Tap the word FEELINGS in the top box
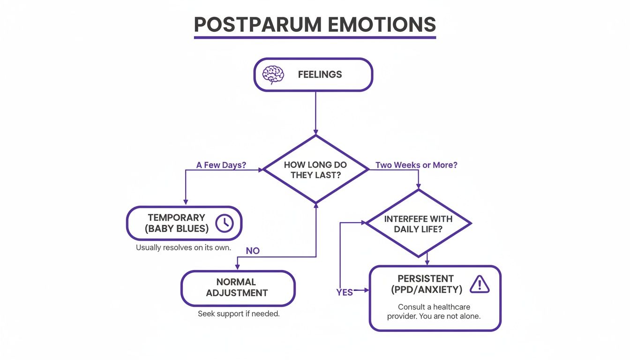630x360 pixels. pos(320,75)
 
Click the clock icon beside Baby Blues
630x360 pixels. pos(225,223)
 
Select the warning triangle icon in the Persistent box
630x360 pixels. pos(479,284)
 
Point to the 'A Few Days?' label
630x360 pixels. pos(221,165)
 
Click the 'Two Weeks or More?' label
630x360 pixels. pos(416,165)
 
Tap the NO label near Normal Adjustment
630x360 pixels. pos(253,251)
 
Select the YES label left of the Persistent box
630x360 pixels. pos(345,292)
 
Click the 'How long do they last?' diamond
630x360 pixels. pos(315,170)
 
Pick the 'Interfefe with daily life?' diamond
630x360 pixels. pos(418,224)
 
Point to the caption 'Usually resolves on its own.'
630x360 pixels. pos(183,247)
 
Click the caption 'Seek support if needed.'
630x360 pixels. pos(239,314)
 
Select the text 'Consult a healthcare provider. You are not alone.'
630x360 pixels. pos(434,311)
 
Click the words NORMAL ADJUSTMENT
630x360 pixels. pos(236,287)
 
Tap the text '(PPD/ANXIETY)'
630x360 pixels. pos(427,290)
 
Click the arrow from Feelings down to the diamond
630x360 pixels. pos(315,112)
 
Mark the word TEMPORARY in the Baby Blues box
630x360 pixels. pos(176,217)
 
